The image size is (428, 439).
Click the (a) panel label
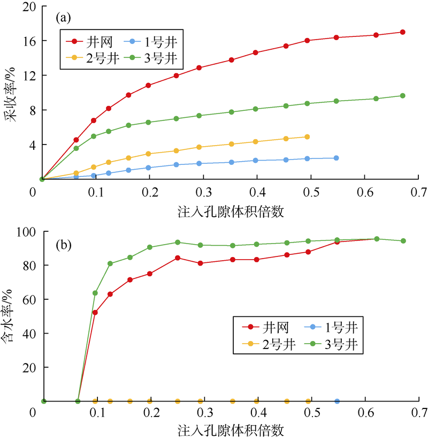pyautogui.click(x=63, y=18)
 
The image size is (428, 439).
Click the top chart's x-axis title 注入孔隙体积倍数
pyautogui.click(x=230, y=211)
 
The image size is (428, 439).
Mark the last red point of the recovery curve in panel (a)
pyautogui.click(x=402, y=32)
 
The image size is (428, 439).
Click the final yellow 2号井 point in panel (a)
pyautogui.click(x=307, y=137)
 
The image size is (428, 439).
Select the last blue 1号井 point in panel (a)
pyautogui.click(x=336, y=158)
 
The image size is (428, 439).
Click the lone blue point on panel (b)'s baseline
pyautogui.click(x=337, y=401)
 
